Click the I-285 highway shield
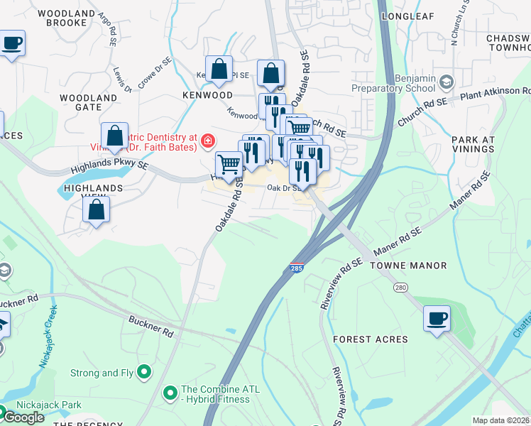tap(296, 268)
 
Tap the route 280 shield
tap(401, 285)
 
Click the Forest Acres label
tap(371, 339)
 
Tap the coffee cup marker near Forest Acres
tap(437, 317)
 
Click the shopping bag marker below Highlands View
tap(96, 209)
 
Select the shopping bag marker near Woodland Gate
tap(114, 136)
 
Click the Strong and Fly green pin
tap(145, 371)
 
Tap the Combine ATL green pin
tap(170, 392)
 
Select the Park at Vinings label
tap(472, 144)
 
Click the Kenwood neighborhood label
tap(207, 94)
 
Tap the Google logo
tap(24, 417)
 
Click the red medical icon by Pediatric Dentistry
tap(207, 141)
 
